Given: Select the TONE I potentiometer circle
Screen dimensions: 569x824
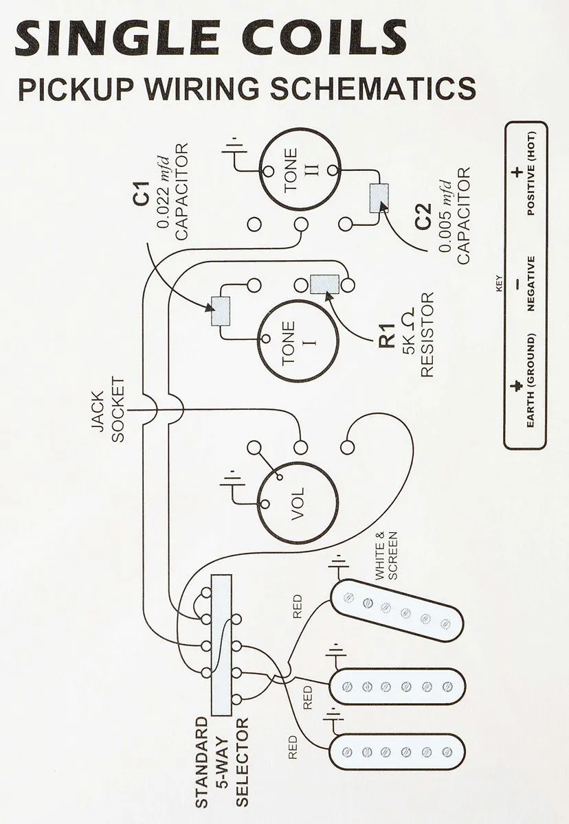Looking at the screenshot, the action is click(299, 341).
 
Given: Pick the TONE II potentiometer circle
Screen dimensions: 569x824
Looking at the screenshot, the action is click(299, 172).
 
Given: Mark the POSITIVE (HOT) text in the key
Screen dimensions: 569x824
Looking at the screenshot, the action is click(531, 174).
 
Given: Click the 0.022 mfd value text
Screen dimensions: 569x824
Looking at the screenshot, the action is click(164, 192).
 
